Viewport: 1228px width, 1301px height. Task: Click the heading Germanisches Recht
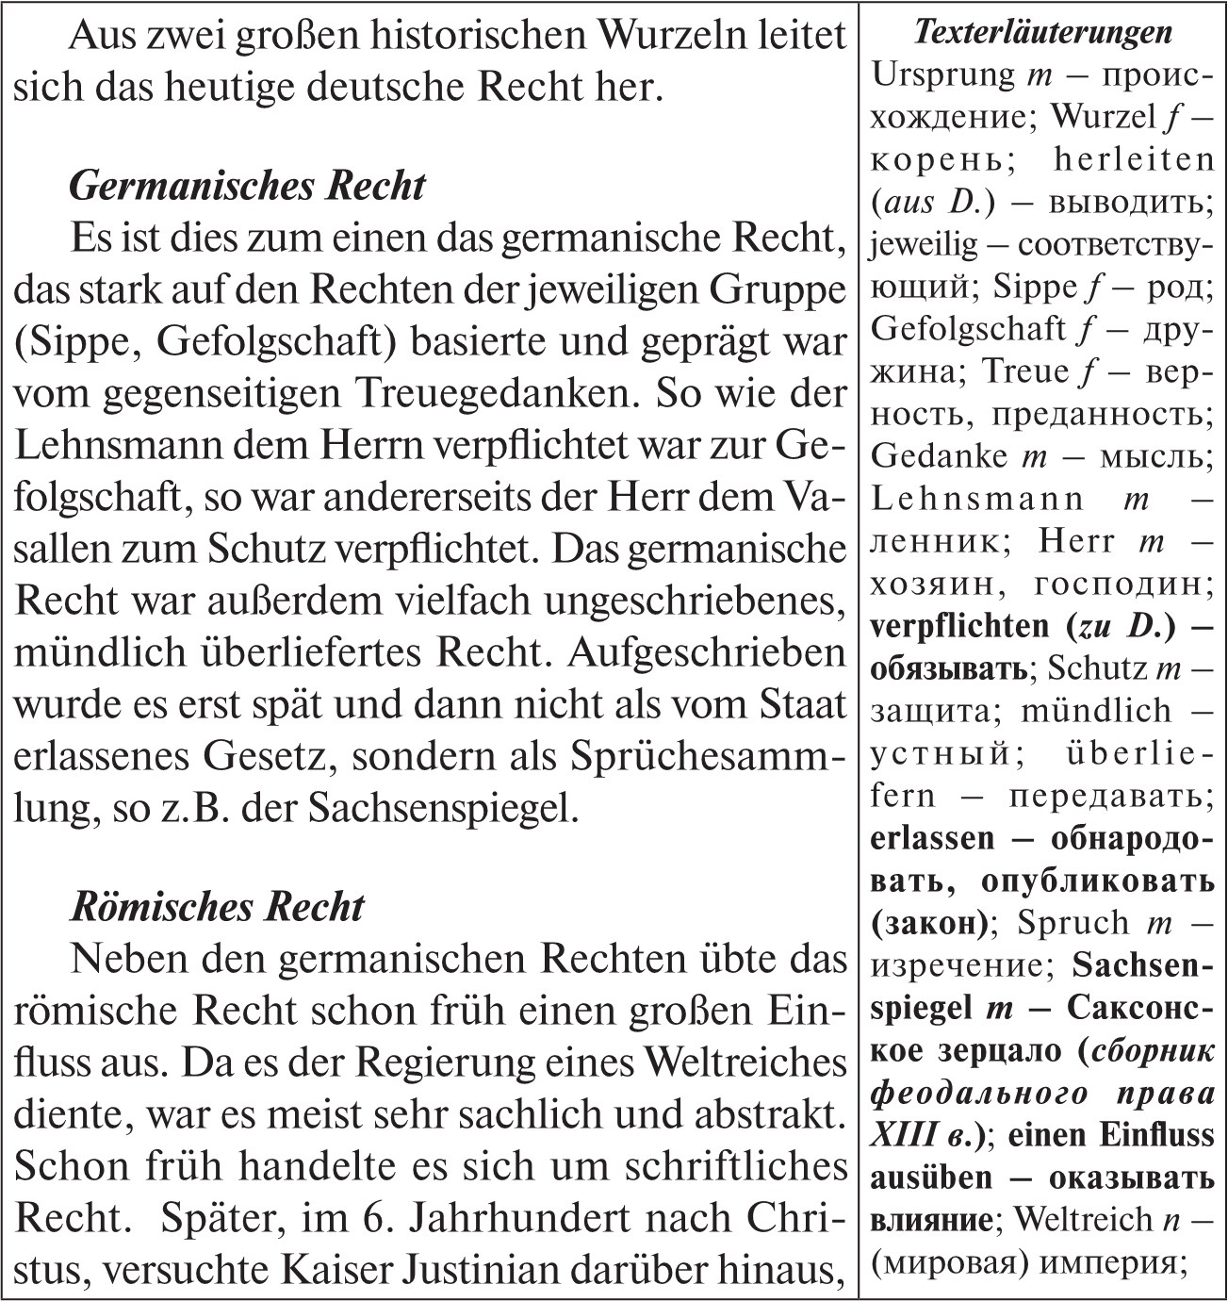point(247,186)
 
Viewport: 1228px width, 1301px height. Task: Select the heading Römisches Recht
point(217,907)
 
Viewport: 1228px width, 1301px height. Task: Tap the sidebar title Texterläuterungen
point(1043,33)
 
